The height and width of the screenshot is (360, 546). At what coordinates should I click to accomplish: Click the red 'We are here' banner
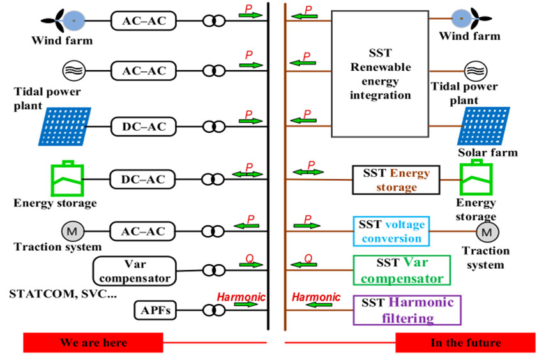pos(93,342)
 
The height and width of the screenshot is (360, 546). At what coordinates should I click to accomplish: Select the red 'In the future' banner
pos(466,342)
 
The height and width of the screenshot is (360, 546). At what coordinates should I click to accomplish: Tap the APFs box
pos(155,311)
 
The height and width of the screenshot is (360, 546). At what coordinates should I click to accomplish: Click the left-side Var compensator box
pos(133,271)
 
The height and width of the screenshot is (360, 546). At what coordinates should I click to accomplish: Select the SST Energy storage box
pos(396,180)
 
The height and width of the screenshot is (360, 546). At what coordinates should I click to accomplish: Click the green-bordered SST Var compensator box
pos(402,271)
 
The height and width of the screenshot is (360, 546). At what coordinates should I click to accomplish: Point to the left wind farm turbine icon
pos(73,20)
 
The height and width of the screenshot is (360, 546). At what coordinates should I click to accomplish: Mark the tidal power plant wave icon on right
pos(474,71)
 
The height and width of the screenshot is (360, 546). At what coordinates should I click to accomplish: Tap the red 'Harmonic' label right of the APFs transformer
pos(241,297)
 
